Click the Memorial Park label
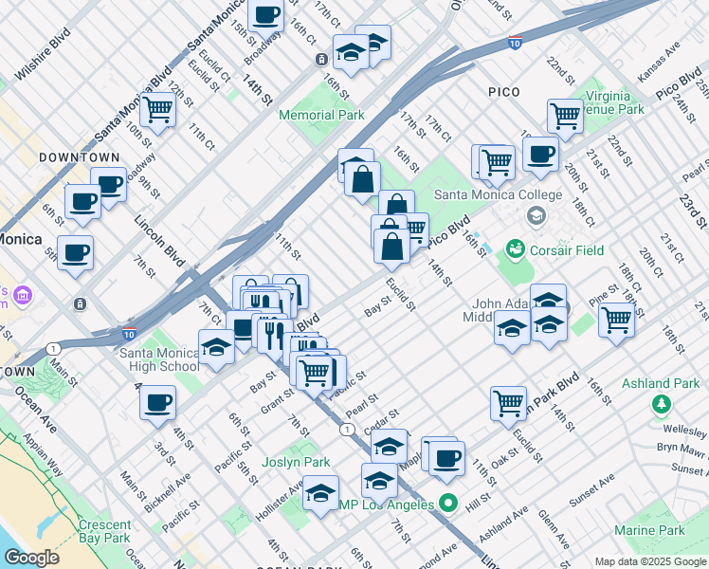[x=321, y=115]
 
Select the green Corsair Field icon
[x=516, y=249]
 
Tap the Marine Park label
[x=648, y=530]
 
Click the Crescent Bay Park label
[x=104, y=531]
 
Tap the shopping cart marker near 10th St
[x=157, y=110]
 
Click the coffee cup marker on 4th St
[x=157, y=402]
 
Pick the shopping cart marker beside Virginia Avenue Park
[x=565, y=116]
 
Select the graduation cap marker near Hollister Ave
[x=321, y=492]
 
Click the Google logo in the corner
[x=31, y=558]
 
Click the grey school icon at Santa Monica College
[x=536, y=216]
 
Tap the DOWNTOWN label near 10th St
[x=80, y=157]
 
